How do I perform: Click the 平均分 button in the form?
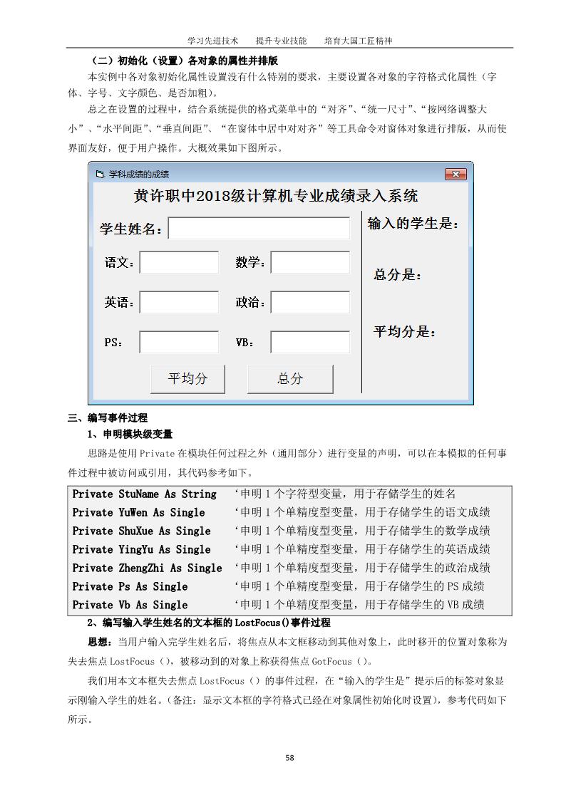[x=187, y=379]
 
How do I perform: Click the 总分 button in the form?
[x=290, y=379]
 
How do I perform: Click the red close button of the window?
[x=456, y=174]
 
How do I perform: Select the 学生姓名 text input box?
[x=259, y=229]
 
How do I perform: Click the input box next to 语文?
[x=179, y=263]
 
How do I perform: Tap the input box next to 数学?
[x=310, y=263]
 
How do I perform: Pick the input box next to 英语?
[x=179, y=303]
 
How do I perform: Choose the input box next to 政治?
[x=310, y=303]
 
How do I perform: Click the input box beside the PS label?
[x=179, y=343]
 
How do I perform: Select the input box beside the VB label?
[x=310, y=343]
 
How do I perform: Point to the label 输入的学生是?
[x=413, y=224]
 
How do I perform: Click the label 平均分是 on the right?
[x=405, y=332]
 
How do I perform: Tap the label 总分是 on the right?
[x=398, y=275]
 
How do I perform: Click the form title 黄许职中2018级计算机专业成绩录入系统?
[x=276, y=196]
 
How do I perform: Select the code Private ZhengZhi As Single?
[x=147, y=568]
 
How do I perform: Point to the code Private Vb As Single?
[x=130, y=605]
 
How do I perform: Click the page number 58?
[x=289, y=757]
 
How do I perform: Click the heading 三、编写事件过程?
[x=108, y=418]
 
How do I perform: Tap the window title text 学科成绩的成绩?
[x=139, y=174]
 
